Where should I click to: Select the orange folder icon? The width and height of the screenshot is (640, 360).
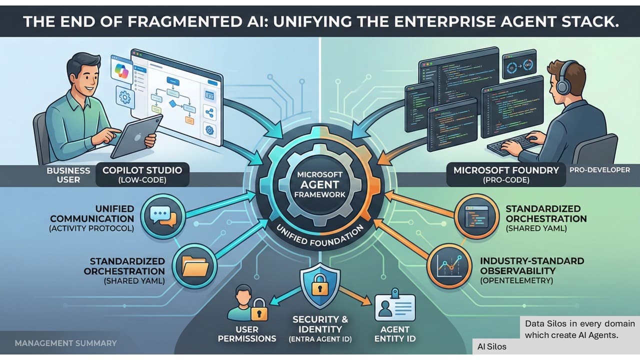click(x=193, y=265)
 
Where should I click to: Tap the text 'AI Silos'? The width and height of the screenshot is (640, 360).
click(x=491, y=346)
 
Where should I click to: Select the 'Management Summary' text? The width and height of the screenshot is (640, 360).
click(x=65, y=343)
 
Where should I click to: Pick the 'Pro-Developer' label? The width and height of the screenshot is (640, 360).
click(x=599, y=170)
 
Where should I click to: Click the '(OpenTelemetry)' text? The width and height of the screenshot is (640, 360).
click(x=516, y=281)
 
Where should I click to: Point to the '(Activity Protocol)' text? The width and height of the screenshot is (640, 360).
click(x=92, y=229)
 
